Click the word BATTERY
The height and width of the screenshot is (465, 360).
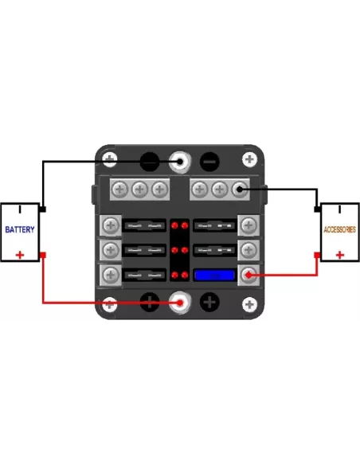click(x=20, y=229)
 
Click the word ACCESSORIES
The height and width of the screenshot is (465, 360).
click(x=339, y=229)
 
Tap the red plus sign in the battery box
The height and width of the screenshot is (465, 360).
click(x=20, y=255)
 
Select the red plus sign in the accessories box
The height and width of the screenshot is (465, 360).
click(x=340, y=255)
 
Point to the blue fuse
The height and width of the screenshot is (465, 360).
click(x=215, y=275)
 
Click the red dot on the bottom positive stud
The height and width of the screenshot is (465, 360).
click(x=180, y=303)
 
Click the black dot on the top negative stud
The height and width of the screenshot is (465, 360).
click(x=180, y=162)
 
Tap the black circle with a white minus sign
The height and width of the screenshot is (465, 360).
click(x=209, y=162)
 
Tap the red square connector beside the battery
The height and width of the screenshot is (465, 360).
click(x=43, y=255)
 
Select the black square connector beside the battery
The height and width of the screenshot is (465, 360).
click(x=43, y=209)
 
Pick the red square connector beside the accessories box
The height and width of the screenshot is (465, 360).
click(x=317, y=255)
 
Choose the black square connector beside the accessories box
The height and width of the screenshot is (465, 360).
click(x=317, y=209)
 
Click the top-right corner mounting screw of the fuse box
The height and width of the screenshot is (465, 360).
click(x=249, y=159)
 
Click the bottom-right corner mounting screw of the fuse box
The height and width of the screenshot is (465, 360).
click(x=249, y=304)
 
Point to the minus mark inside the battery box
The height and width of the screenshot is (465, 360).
click(x=20, y=209)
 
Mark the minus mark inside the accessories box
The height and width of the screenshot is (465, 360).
click(x=340, y=209)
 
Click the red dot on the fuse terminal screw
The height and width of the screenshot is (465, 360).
click(x=248, y=275)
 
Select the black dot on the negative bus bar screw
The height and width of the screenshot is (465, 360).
click(x=239, y=189)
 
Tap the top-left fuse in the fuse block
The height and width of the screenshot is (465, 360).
click(x=144, y=225)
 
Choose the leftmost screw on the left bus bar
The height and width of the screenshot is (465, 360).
click(x=119, y=190)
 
